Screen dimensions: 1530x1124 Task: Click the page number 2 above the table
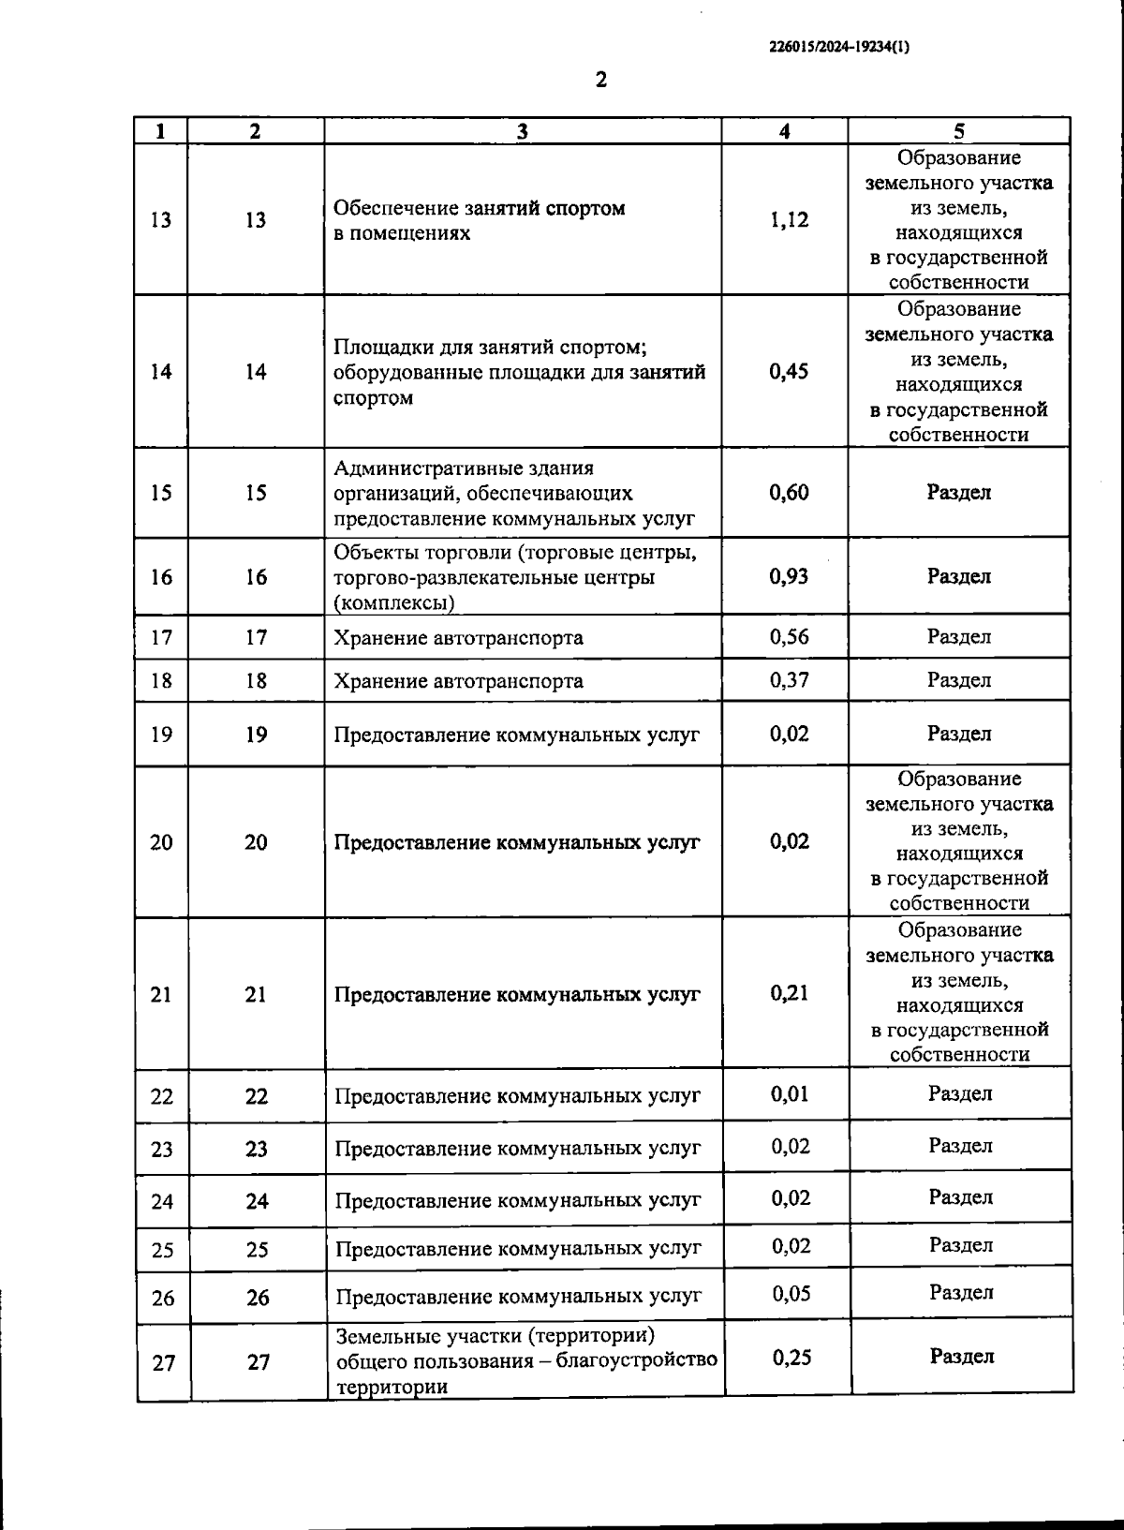point(600,80)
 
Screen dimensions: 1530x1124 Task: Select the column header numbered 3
point(523,131)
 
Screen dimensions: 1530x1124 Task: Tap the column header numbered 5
point(958,131)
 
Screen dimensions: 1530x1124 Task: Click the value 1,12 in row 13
point(789,220)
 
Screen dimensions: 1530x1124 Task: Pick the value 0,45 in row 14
point(789,371)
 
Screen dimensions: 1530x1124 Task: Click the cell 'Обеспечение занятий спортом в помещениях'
point(480,220)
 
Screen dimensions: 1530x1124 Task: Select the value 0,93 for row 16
point(789,576)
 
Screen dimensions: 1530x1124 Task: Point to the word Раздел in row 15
point(958,492)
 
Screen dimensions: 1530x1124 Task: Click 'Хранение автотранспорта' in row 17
point(458,638)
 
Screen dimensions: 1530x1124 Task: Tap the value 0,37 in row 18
point(789,680)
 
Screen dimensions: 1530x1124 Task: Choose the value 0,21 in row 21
point(790,993)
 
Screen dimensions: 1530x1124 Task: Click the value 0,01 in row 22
point(790,1094)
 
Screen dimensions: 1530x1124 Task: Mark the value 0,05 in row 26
point(791,1294)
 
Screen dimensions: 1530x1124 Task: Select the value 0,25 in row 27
point(791,1357)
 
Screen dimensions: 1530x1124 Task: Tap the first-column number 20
point(161,842)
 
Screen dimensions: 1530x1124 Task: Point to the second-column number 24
point(257,1201)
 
